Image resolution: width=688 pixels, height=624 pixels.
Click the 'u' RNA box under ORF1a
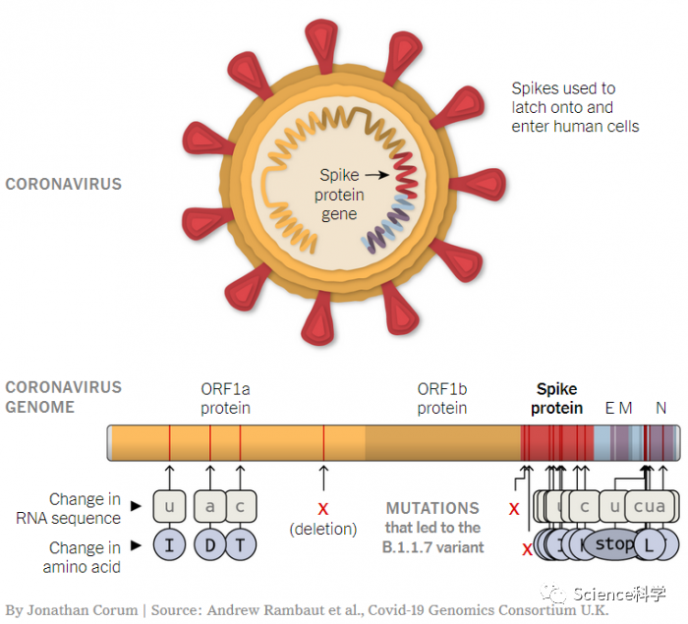pyautogui.click(x=169, y=506)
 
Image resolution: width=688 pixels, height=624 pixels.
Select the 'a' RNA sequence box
pyautogui.click(x=209, y=506)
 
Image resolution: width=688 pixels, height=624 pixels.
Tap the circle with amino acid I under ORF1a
pyautogui.click(x=169, y=544)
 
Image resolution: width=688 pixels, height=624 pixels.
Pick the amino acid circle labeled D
pyautogui.click(x=209, y=544)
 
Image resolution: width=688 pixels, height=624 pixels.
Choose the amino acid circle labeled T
pyautogui.click(x=240, y=544)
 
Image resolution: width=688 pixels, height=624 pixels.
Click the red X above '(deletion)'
pyautogui.click(x=323, y=508)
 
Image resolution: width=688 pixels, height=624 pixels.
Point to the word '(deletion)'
pyautogui.click(x=323, y=529)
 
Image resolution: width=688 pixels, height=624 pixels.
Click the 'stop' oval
pyautogui.click(x=615, y=543)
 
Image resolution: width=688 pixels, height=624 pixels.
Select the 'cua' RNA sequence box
pyautogui.click(x=650, y=506)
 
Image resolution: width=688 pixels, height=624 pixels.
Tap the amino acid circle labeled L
pyautogui.click(x=648, y=543)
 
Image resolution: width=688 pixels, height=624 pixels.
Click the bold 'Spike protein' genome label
pyautogui.click(x=557, y=398)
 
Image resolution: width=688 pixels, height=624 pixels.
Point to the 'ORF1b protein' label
pyautogui.click(x=442, y=398)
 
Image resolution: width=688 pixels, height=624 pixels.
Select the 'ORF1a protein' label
pyautogui.click(x=226, y=398)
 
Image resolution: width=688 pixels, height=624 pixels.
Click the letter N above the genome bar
pyautogui.click(x=661, y=408)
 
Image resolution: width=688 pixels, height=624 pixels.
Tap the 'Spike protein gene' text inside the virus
pyautogui.click(x=338, y=195)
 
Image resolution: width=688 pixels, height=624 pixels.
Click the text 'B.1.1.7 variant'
pyautogui.click(x=433, y=546)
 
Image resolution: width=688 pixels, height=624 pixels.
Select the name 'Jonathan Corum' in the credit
pyautogui.click(x=85, y=610)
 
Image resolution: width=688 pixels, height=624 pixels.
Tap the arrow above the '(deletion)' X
pyautogui.click(x=323, y=478)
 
